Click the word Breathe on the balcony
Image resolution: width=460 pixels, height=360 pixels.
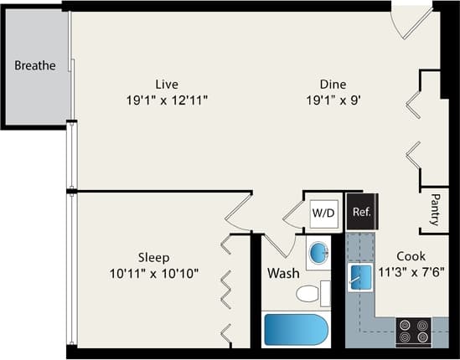tap(35, 65)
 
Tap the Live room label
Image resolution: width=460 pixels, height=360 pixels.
tap(166, 84)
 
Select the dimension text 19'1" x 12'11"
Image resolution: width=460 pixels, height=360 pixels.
tap(166, 100)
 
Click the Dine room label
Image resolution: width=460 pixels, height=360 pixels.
tap(332, 84)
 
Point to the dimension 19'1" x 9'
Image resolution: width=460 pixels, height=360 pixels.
tap(332, 100)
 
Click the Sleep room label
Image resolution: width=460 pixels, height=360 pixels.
tap(154, 256)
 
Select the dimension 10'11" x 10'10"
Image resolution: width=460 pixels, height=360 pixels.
tap(154, 272)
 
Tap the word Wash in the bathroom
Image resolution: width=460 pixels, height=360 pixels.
tap(283, 273)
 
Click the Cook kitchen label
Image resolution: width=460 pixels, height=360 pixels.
tap(411, 255)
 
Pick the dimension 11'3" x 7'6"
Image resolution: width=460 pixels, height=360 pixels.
tap(411, 271)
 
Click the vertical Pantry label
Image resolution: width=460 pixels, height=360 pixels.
tap(435, 210)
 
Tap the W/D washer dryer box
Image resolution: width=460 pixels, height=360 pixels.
tap(323, 213)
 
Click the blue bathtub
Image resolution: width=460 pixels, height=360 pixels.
tap(296, 329)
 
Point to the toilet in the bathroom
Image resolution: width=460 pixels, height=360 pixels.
tap(311, 293)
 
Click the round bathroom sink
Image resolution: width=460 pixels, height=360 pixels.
tap(318, 253)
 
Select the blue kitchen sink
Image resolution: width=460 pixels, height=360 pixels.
tap(360, 277)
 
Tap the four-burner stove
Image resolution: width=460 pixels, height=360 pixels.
tap(412, 331)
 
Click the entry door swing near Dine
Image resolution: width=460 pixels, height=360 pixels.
tap(411, 21)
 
